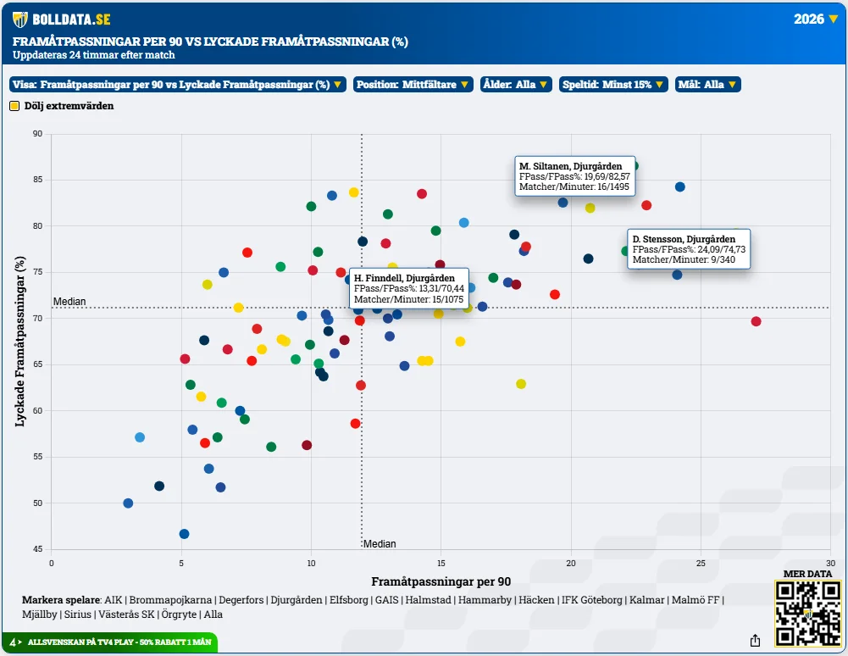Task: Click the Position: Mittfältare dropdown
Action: point(413,85)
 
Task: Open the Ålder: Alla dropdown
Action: point(516,85)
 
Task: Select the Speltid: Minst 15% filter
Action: point(613,85)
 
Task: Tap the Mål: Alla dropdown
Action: point(707,85)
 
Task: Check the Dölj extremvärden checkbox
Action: point(14,106)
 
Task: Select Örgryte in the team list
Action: point(179,614)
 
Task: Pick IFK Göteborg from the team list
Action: point(591,600)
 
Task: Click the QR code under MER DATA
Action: point(807,614)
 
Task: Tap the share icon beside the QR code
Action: point(756,641)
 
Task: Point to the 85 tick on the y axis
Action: point(37,180)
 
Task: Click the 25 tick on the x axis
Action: point(701,563)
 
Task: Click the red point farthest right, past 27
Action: point(756,321)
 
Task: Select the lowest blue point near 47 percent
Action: point(184,534)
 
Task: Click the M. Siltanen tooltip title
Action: point(571,166)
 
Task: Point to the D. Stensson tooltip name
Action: point(684,239)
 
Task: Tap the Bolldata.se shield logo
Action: point(20,19)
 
